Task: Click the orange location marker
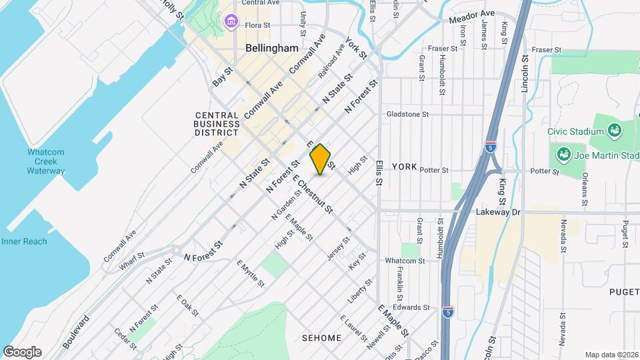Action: pos(321,159)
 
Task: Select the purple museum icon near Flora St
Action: pos(231,22)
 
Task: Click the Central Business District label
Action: pos(217,123)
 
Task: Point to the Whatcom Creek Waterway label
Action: pos(46,161)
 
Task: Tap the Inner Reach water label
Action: pos(24,241)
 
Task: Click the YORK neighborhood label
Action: pos(404,166)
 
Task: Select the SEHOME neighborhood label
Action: pos(321,338)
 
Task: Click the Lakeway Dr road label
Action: pos(497,212)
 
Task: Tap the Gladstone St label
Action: pos(408,114)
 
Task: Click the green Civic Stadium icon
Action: pos(614,129)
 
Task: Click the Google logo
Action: pos(22,352)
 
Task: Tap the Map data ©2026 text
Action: pos(611,355)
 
